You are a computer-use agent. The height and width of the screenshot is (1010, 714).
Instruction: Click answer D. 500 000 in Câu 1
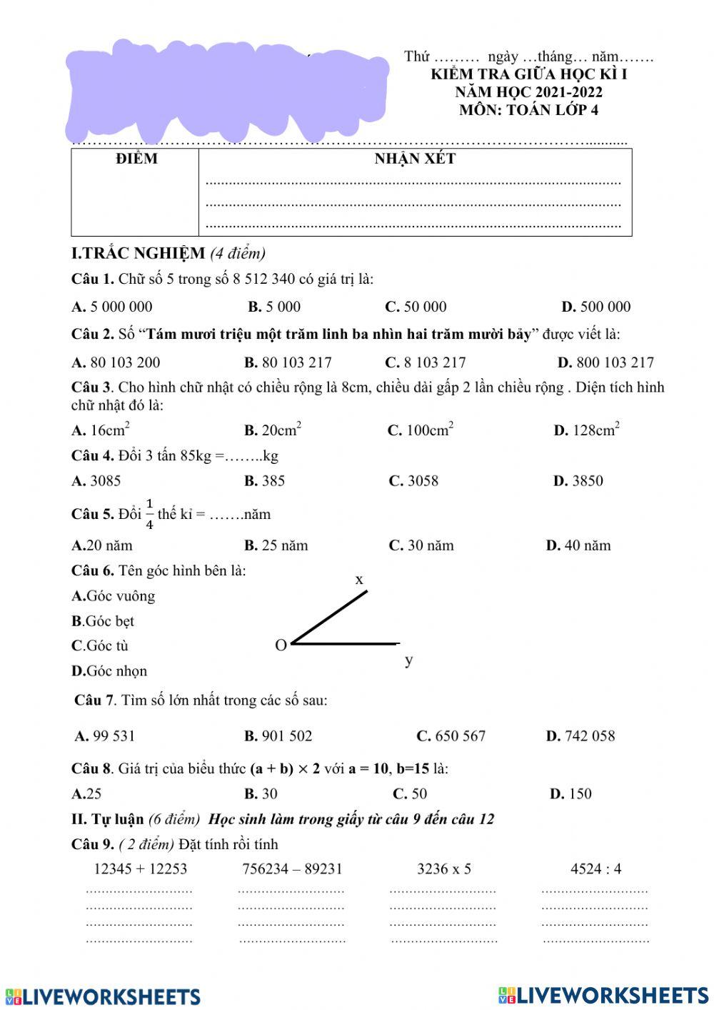[x=595, y=307]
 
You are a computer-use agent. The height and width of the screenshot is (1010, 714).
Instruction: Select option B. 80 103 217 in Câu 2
[x=288, y=362]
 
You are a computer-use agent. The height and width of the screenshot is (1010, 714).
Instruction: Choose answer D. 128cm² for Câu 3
[x=586, y=430]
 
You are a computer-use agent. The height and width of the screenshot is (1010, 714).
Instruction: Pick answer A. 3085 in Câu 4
[x=96, y=481]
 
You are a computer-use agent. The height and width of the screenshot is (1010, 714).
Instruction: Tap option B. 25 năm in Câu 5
[x=276, y=545]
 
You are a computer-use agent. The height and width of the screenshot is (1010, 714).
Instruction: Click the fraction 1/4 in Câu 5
[x=149, y=514]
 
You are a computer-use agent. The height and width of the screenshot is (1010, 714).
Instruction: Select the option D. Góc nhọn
[x=109, y=670]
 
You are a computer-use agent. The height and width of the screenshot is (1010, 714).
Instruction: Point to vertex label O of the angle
[x=281, y=645]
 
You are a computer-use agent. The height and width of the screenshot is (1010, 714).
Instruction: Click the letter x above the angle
[x=359, y=579]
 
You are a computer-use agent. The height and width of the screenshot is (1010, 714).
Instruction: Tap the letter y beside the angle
[x=408, y=659]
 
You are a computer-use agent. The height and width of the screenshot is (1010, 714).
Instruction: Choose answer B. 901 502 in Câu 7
[x=278, y=736]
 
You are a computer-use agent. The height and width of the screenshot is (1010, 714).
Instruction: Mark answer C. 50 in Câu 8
[x=410, y=793]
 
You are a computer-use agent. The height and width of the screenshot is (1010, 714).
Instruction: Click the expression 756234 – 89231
[x=292, y=868]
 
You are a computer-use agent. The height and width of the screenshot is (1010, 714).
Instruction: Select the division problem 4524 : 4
[x=595, y=868]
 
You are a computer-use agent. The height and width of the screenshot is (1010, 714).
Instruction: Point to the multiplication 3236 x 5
[x=444, y=868]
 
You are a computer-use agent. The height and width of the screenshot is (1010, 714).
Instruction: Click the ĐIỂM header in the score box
[x=136, y=159]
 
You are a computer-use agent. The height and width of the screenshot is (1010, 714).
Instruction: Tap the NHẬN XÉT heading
[x=415, y=159]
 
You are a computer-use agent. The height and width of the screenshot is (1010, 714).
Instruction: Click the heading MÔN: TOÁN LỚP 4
[x=528, y=110]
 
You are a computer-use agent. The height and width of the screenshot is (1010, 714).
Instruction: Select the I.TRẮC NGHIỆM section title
[x=138, y=253]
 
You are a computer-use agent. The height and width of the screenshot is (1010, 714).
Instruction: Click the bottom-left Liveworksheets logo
[x=103, y=996]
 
